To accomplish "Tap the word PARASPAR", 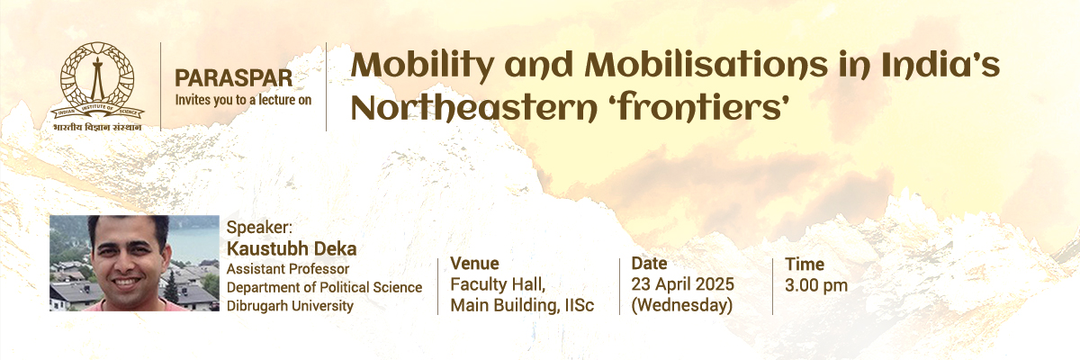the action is point(233,78).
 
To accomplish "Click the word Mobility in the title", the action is point(422,67).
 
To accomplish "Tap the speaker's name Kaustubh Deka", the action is point(292,248).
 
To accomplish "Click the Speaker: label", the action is point(259,228).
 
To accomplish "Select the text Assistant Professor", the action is point(288,269).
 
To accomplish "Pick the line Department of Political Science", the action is point(324,287).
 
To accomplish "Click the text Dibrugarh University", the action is point(290,305).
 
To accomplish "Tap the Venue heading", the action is point(474,263).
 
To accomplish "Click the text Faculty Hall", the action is point(498,284).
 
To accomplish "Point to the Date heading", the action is point(649,263).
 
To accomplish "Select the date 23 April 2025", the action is point(683,284).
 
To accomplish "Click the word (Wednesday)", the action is point(682,305).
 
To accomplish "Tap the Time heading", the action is point(805,264).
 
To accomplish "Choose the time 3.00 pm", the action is point(815,285).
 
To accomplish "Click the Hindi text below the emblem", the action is point(97,127).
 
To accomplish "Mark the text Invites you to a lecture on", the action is point(243,100).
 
